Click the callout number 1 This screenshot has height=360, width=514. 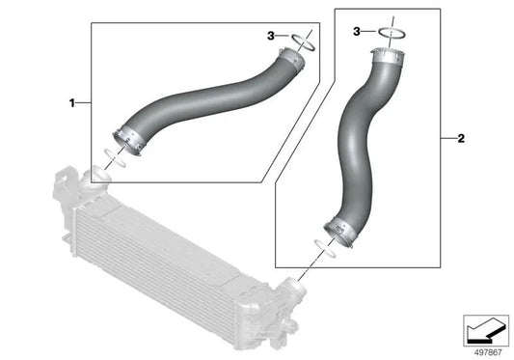tap(71, 100)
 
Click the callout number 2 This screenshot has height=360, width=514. tap(461, 139)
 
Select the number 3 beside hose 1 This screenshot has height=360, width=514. tap(271, 36)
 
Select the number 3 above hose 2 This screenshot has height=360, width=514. tap(358, 33)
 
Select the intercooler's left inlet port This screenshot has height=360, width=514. tap(97, 178)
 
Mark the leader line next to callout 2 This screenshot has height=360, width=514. tap(446, 139)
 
